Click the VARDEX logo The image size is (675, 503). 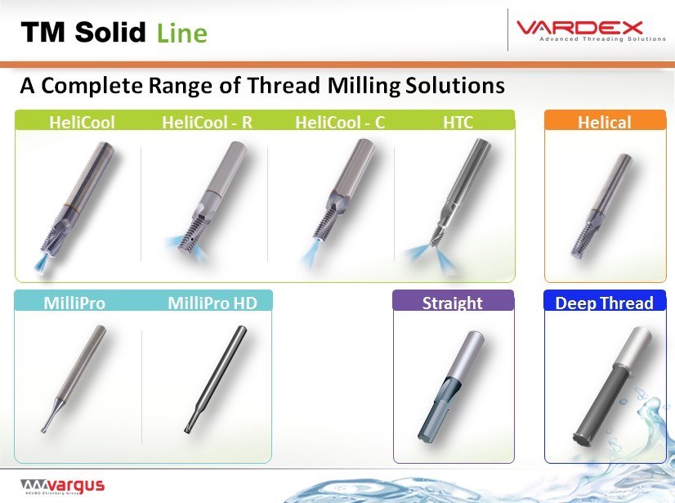tap(591, 30)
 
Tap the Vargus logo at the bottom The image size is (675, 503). tap(62, 486)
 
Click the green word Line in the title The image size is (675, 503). tap(182, 34)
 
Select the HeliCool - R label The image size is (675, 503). tap(207, 123)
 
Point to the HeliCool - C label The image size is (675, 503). tap(340, 123)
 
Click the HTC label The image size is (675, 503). tap(458, 123)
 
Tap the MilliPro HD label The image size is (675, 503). tap(212, 303)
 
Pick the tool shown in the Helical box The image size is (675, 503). tap(601, 205)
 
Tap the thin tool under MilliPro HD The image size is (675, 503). tap(215, 379)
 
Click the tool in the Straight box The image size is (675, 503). tap(451, 386)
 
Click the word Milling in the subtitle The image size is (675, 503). tap(364, 85)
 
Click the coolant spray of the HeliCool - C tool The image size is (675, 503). tap(310, 255)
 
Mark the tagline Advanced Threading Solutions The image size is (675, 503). tap(603, 38)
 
